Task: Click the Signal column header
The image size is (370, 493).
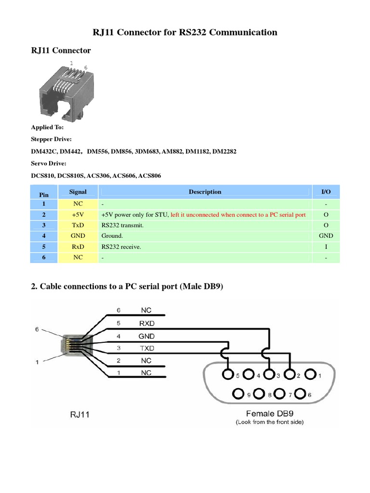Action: click(78, 192)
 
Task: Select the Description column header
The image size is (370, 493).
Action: click(205, 192)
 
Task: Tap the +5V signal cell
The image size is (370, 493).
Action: click(78, 215)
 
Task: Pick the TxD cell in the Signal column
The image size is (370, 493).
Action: click(78, 225)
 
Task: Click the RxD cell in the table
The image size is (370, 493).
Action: click(78, 246)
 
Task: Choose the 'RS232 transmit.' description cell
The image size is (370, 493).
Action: click(122, 225)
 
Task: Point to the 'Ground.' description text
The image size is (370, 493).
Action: click(112, 236)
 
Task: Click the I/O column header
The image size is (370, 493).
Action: click(326, 192)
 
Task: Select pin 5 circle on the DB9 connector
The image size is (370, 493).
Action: click(227, 374)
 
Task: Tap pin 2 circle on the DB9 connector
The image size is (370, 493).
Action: click(290, 374)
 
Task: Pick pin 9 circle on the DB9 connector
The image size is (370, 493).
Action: click(238, 394)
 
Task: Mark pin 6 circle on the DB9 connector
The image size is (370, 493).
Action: click(301, 394)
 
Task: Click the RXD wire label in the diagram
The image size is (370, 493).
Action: click(146, 323)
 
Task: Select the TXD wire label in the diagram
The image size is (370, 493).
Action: click(146, 348)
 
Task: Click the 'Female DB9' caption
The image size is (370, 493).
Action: click(269, 413)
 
